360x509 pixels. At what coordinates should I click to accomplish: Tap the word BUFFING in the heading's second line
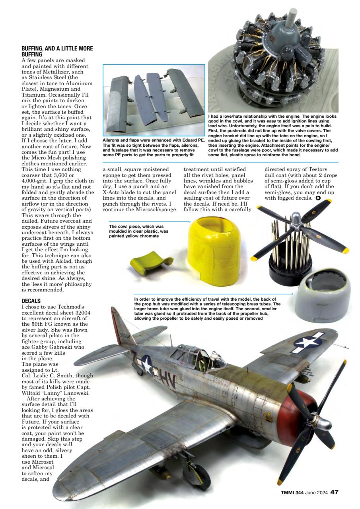pyautogui.click(x=33, y=54)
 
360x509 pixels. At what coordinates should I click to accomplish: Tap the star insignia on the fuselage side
pyautogui.click(x=146, y=364)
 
